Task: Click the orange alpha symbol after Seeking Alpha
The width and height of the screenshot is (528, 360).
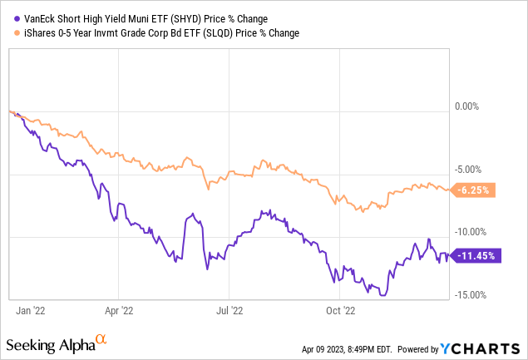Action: click(x=101, y=340)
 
